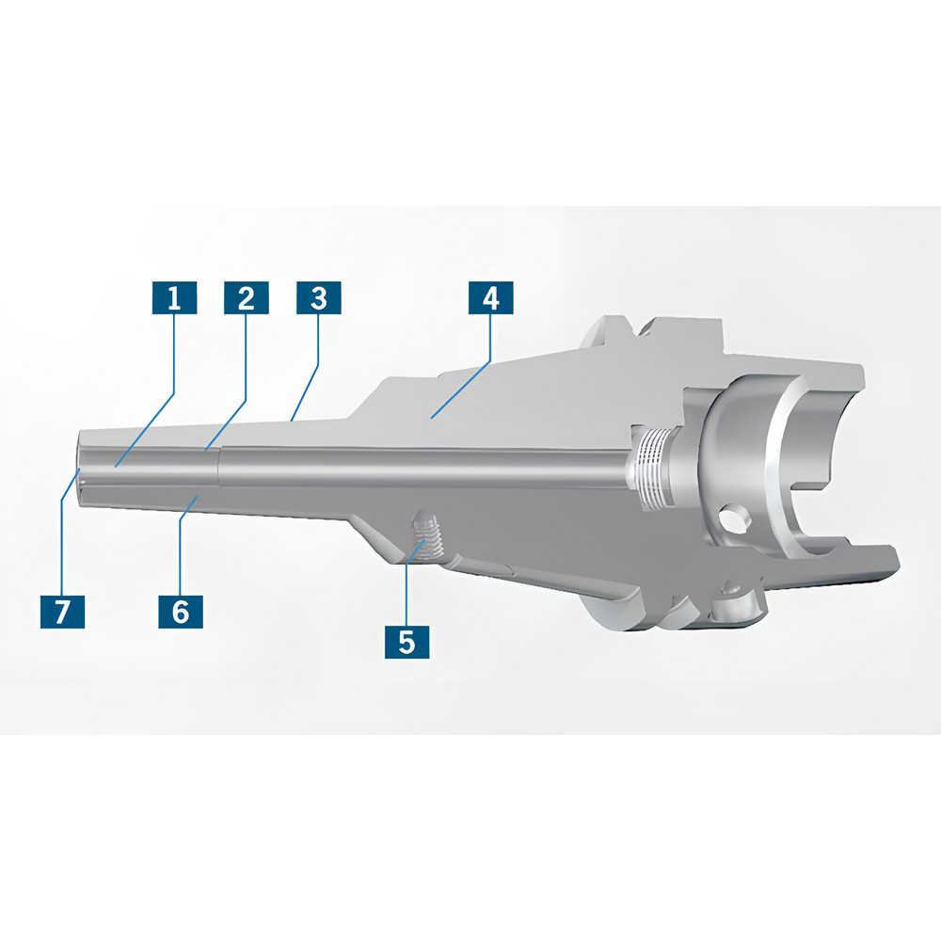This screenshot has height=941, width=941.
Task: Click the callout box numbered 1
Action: [173, 299]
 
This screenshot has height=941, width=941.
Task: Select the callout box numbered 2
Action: [246, 299]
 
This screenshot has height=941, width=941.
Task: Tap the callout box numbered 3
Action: [318, 299]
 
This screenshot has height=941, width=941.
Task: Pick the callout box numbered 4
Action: [490, 299]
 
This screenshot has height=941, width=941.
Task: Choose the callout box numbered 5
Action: [407, 643]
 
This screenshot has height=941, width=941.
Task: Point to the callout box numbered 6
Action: [180, 612]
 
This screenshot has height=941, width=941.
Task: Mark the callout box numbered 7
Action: [62, 612]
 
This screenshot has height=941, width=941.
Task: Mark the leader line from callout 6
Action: [188, 546]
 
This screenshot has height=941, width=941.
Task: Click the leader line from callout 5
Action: [407, 583]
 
